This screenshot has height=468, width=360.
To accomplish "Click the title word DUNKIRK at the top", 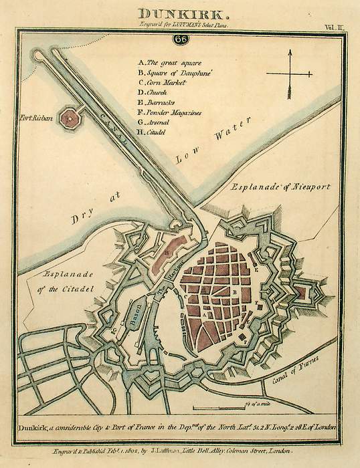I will coord(179,12).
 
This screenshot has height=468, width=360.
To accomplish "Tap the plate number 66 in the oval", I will coord(179,39).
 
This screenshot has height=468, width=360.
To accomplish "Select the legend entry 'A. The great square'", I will coord(166,62).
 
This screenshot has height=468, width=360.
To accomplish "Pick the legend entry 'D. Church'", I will coord(155,92).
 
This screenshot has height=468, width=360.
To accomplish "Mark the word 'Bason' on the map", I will coord(134,312).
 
